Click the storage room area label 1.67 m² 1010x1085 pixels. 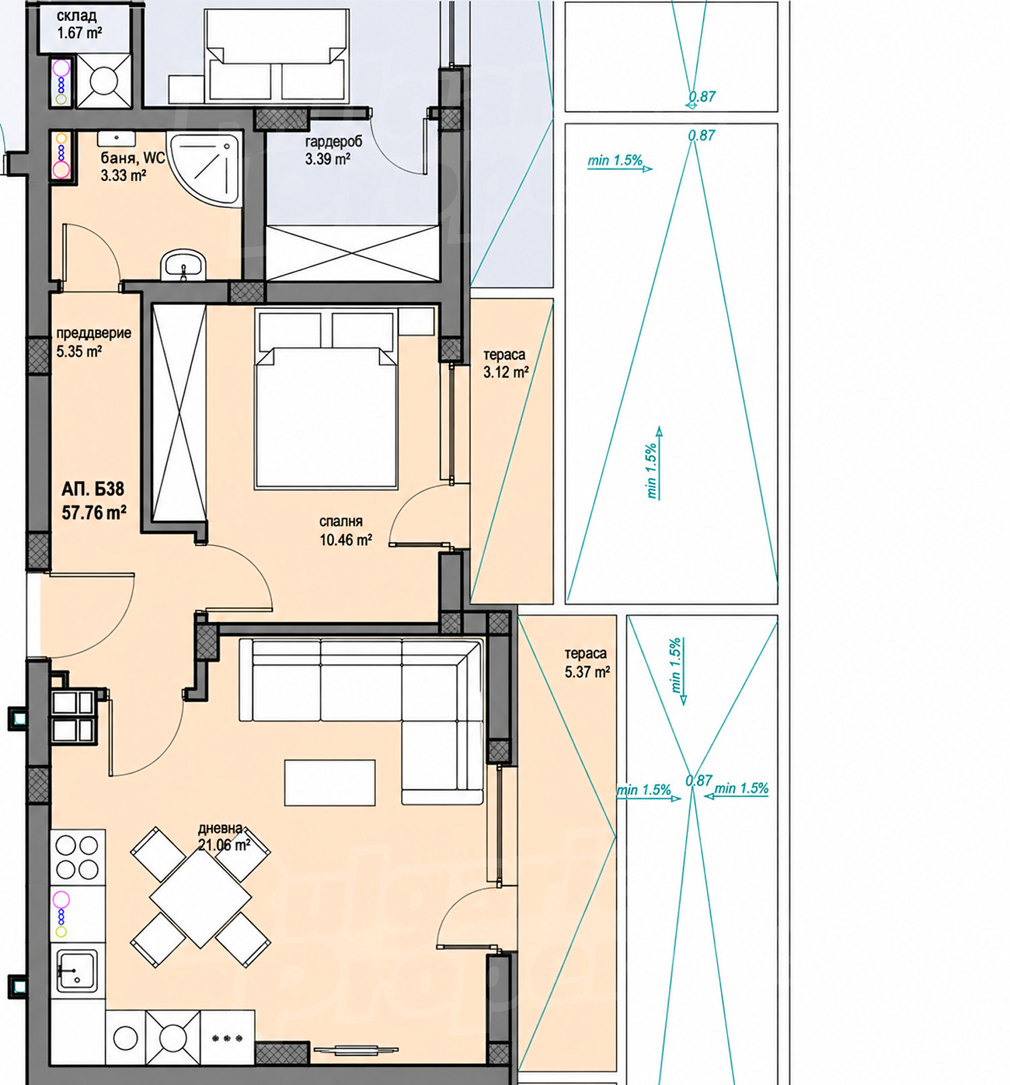point(79,32)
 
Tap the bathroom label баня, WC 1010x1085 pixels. point(133,158)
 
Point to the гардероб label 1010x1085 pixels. point(334,142)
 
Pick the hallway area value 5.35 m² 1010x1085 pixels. point(79,351)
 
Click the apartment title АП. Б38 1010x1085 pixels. point(93,489)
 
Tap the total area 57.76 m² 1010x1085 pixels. point(94,513)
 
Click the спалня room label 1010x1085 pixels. point(341,521)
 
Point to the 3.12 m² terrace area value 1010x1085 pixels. point(506,372)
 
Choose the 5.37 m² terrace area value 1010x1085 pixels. point(587,671)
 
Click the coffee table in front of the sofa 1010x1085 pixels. point(330,782)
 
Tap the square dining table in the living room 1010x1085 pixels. point(201,897)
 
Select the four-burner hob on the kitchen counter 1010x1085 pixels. point(77,857)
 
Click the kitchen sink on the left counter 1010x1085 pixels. point(77,970)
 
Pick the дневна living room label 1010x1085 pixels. point(220,829)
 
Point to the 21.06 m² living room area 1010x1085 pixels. point(224,845)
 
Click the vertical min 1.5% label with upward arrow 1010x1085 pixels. point(653,462)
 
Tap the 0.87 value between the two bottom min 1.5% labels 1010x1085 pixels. point(699,781)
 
